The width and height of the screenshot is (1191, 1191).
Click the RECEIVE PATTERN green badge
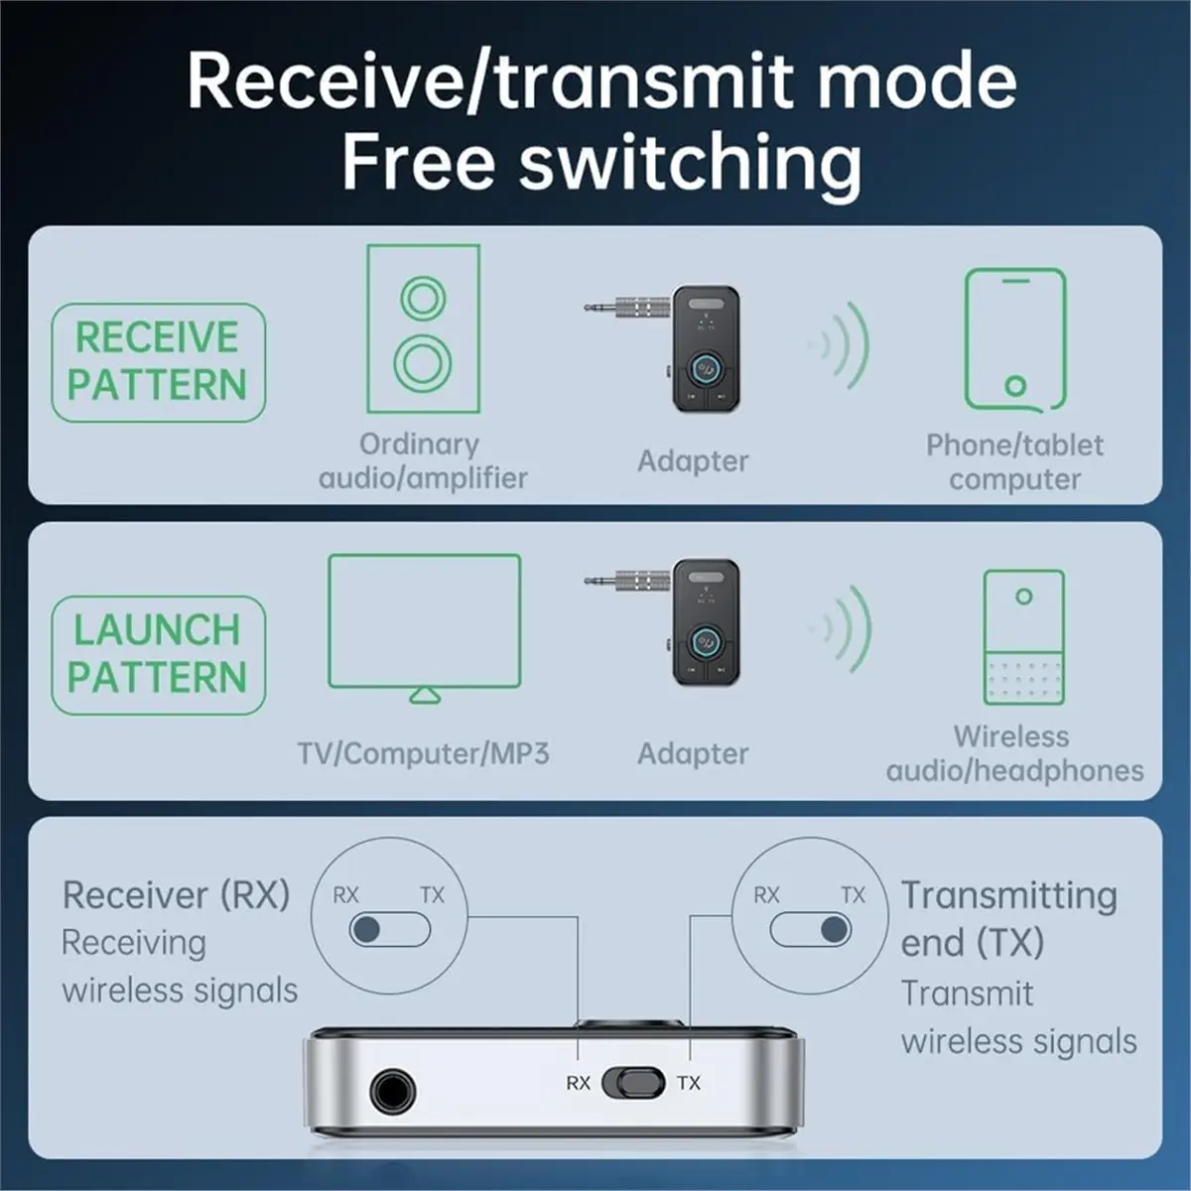click(x=158, y=362)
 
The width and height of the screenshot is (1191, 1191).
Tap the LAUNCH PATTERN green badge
click(x=158, y=655)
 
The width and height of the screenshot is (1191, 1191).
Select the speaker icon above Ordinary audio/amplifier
click(x=424, y=329)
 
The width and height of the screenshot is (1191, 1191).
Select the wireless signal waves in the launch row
click(x=842, y=629)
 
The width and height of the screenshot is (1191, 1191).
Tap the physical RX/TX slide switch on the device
click(x=634, y=1083)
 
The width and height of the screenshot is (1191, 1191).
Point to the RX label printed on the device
click(x=578, y=1083)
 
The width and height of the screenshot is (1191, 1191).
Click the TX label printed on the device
click(x=689, y=1083)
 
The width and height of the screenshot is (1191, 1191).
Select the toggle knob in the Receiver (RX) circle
click(x=366, y=930)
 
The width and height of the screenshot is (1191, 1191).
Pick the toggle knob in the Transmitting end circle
click(x=834, y=930)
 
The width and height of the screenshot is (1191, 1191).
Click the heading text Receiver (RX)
click(x=176, y=894)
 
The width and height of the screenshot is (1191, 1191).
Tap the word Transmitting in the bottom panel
click(x=1008, y=895)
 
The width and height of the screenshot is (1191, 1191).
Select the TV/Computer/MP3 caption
click(x=424, y=753)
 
